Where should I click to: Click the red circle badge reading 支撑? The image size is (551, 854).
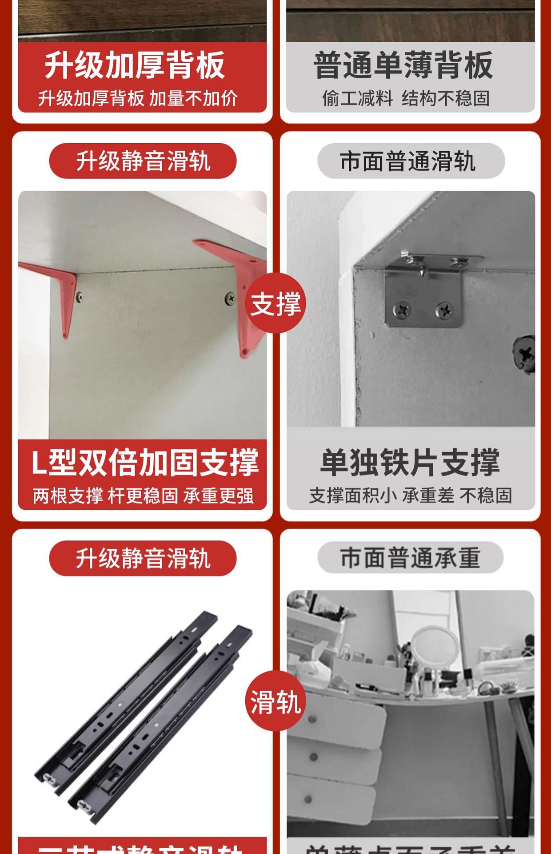click(275, 303)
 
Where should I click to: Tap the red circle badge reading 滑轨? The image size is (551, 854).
click(275, 701)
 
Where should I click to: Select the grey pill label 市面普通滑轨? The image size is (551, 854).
click(411, 161)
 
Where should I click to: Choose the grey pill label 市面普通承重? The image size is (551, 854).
click(410, 558)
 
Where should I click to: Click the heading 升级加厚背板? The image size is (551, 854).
click(135, 65)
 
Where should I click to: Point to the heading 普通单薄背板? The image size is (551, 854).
click(403, 65)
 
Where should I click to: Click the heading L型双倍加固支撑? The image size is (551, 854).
click(145, 463)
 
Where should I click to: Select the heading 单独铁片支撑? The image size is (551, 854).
click(410, 463)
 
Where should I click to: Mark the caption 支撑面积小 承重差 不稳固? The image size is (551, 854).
click(411, 495)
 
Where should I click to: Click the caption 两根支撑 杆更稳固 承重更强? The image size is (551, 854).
click(143, 495)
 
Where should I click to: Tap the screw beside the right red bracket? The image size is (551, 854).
click(230, 298)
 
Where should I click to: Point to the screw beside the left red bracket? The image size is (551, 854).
click(80, 297)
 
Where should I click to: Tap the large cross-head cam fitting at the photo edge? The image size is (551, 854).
click(525, 353)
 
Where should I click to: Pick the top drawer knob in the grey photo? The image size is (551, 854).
click(312, 719)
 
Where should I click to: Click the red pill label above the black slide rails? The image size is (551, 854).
click(143, 558)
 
